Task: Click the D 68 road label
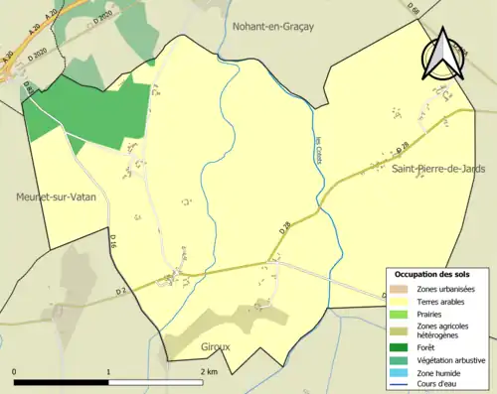tap(413, 9)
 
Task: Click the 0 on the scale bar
tap(15, 371)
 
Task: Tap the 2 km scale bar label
tap(209, 371)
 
